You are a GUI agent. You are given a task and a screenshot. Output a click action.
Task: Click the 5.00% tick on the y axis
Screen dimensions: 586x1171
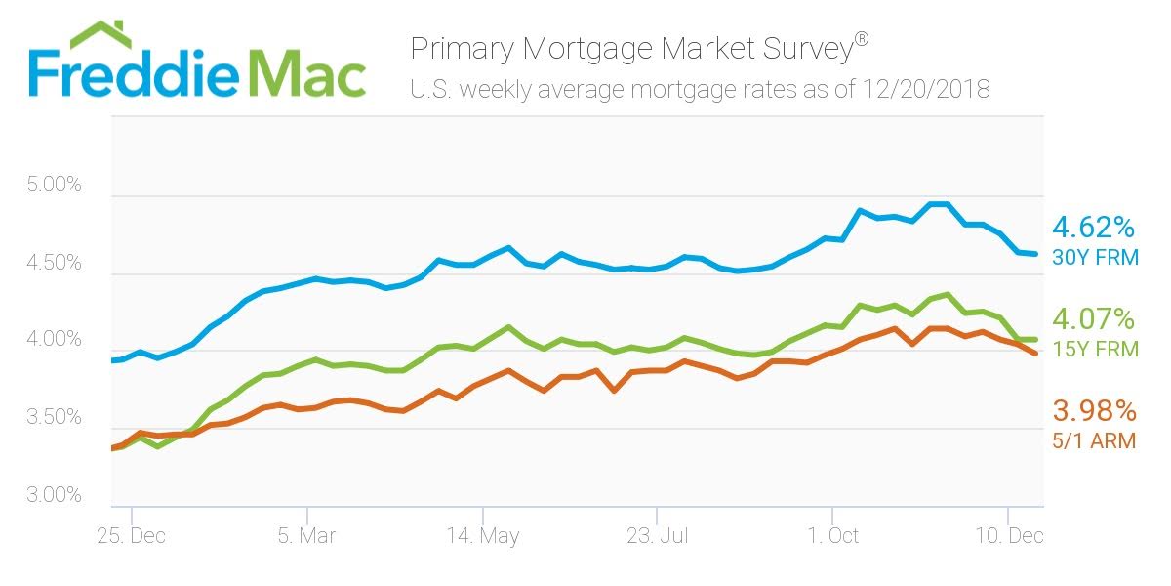pyautogui.click(x=55, y=185)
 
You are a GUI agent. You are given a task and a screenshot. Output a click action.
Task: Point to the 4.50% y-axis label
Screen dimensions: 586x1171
pyautogui.click(x=55, y=263)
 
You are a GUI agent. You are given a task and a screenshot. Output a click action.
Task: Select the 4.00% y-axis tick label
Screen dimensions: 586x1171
pyautogui.click(x=55, y=340)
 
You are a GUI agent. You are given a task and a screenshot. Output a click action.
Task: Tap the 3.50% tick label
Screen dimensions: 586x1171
pyautogui.click(x=55, y=418)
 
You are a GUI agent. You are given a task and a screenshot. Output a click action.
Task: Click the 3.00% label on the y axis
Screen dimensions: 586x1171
pyautogui.click(x=55, y=495)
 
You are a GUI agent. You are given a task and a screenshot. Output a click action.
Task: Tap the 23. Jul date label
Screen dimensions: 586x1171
pyautogui.click(x=659, y=535)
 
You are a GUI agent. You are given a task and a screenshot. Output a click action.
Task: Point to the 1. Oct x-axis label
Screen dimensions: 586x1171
pyautogui.click(x=832, y=535)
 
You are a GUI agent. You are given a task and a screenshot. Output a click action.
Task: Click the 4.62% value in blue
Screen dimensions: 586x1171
pyautogui.click(x=1093, y=229)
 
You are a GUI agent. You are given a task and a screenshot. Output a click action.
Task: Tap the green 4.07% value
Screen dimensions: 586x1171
pyautogui.click(x=1093, y=319)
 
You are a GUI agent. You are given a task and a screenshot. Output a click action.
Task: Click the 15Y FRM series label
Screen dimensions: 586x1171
pyautogui.click(x=1094, y=349)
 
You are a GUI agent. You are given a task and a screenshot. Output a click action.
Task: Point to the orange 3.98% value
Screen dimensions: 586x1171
pyautogui.click(x=1093, y=410)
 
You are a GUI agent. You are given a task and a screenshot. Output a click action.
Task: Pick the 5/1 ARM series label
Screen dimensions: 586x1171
pyautogui.click(x=1093, y=440)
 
